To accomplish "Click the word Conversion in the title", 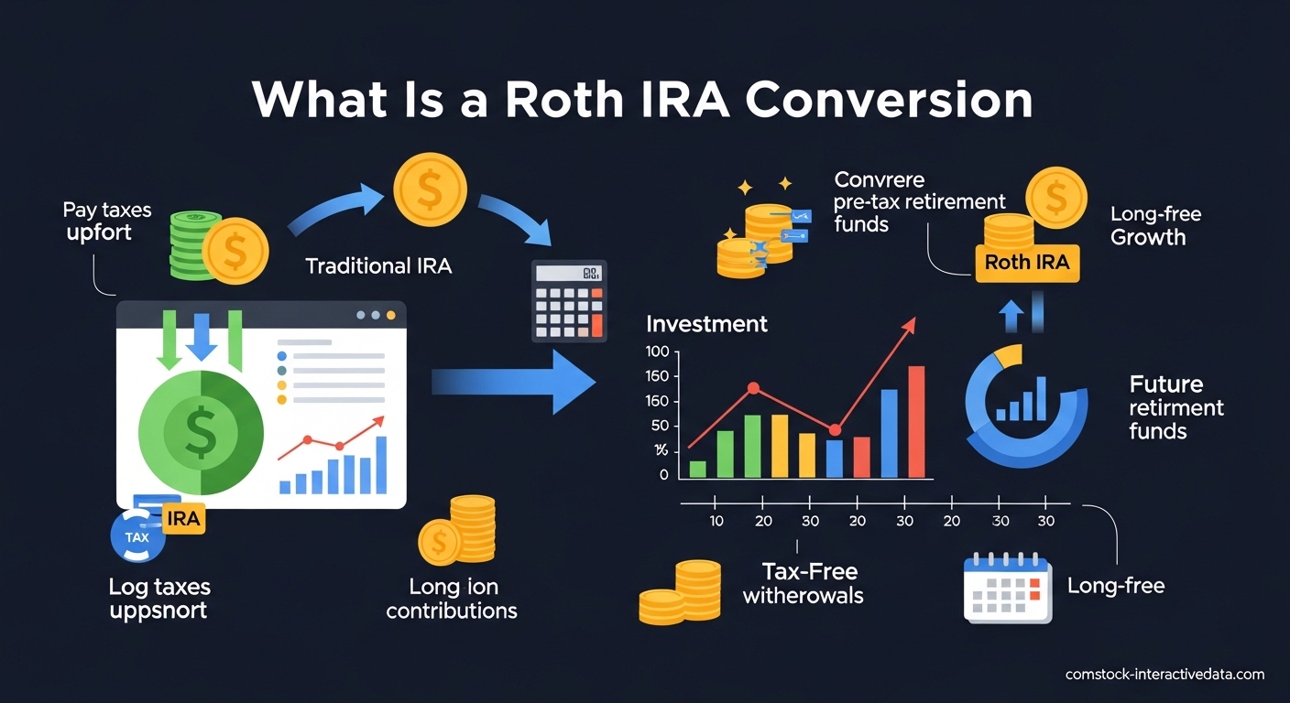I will tap(889, 100).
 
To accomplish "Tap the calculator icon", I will tap(569, 301).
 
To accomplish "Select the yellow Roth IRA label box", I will tap(1027, 263).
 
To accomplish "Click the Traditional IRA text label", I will tap(378, 266).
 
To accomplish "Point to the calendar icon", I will tap(1007, 589).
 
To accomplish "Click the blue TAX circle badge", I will tap(137, 537).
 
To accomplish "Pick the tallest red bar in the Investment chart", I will tap(916, 422).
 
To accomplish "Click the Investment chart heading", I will tap(706, 323).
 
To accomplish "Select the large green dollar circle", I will tap(200, 431).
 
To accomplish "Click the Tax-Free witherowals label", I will tap(803, 584).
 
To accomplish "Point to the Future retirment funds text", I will tap(1176, 407).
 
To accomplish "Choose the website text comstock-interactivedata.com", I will tap(1164, 675).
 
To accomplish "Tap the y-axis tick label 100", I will tap(657, 351).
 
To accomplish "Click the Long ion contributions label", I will tap(452, 599).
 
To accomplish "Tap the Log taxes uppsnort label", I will tap(159, 598).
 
